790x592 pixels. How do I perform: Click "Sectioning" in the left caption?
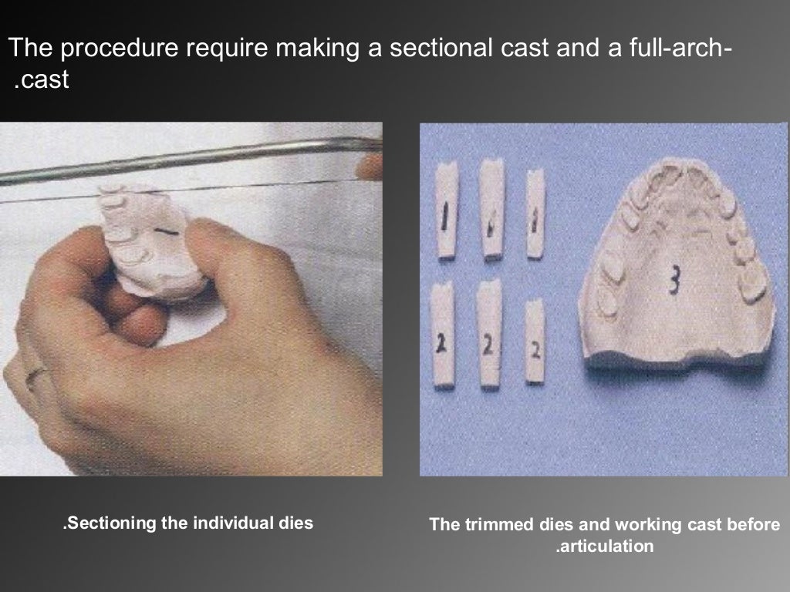[110, 523]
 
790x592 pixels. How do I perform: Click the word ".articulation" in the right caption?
[604, 547]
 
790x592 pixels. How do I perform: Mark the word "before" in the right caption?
[754, 526]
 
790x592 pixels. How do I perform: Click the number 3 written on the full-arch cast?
[674, 284]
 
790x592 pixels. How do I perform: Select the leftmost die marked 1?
[447, 211]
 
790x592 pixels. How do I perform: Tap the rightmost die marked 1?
[535, 213]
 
